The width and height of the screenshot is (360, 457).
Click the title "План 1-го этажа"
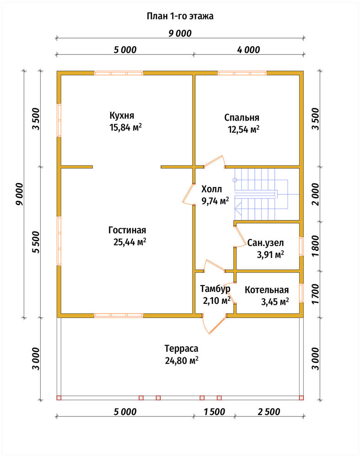(180, 16)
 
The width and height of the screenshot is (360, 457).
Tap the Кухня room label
(122, 116)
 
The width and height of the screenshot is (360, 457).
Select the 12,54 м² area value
(244, 129)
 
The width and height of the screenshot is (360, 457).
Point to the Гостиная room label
(127, 230)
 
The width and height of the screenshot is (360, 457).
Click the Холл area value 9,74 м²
(215, 201)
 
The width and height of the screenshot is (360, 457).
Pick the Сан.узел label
(265, 243)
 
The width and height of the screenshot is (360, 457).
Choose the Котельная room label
(266, 290)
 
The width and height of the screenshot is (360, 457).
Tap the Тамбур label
(215, 288)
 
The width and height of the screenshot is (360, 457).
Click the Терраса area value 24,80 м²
(182, 361)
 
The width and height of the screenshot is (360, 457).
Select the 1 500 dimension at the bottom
(214, 412)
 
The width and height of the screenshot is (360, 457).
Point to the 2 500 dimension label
(269, 412)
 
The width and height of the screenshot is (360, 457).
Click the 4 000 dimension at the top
(248, 50)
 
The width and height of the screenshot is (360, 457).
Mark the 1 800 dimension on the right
(315, 246)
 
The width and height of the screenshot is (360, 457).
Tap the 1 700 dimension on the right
(315, 294)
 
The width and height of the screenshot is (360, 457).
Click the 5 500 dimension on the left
(36, 242)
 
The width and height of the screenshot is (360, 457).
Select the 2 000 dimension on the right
(315, 194)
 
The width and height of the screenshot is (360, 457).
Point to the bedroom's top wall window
(242, 73)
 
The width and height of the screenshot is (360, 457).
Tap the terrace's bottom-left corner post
(59, 398)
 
